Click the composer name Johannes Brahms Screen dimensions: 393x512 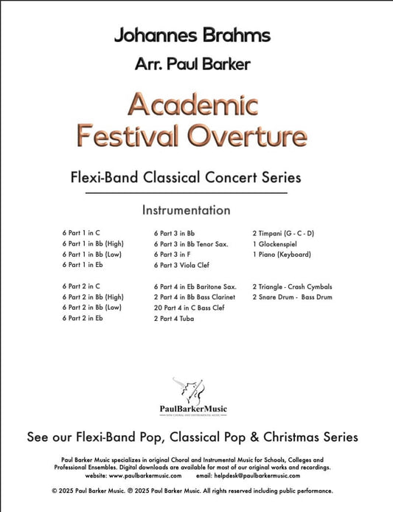[x=192, y=35]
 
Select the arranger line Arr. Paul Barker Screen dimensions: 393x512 [x=192, y=64]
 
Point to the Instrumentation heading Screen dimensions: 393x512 [x=186, y=210]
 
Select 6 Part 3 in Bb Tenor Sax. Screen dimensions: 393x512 [x=191, y=243]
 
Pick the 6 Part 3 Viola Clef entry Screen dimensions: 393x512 [x=184, y=263]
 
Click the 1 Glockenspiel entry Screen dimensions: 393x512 [x=275, y=243]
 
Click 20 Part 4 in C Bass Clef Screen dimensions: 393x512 [x=189, y=307]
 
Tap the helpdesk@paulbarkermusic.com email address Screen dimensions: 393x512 [x=274, y=475]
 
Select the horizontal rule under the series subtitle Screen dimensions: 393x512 [x=186, y=194]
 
